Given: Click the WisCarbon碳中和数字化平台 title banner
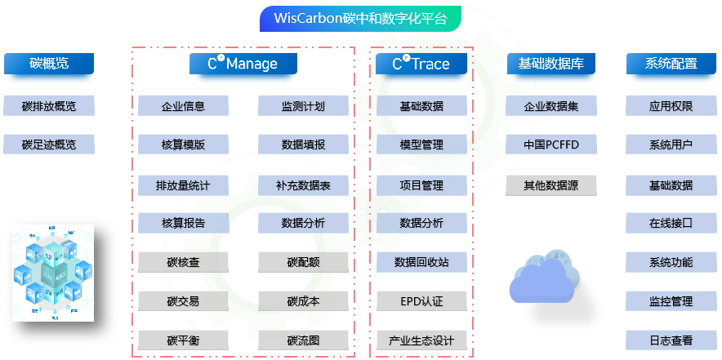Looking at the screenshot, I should click(360, 18).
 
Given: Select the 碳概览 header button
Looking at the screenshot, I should click(49, 64).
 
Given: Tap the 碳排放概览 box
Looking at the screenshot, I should click(49, 105).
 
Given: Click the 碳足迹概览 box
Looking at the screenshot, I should click(49, 144).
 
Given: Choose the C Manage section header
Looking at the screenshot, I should click(243, 64).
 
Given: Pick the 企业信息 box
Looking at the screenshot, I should click(183, 105).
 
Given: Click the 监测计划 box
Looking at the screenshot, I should click(303, 105).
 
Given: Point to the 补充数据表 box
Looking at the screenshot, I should click(303, 185).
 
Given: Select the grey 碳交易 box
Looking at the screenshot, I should click(183, 301).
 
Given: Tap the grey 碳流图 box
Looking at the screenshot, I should click(303, 340).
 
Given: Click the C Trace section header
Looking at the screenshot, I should click(421, 64).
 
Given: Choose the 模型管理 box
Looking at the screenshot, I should click(421, 144).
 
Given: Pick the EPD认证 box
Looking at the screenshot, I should click(421, 301).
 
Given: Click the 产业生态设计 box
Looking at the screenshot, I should click(421, 340).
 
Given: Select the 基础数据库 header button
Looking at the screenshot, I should click(550, 64).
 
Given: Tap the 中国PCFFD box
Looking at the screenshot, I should click(550, 144).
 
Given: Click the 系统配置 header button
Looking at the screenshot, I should click(671, 64).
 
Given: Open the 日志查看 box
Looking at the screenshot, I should click(671, 340).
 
